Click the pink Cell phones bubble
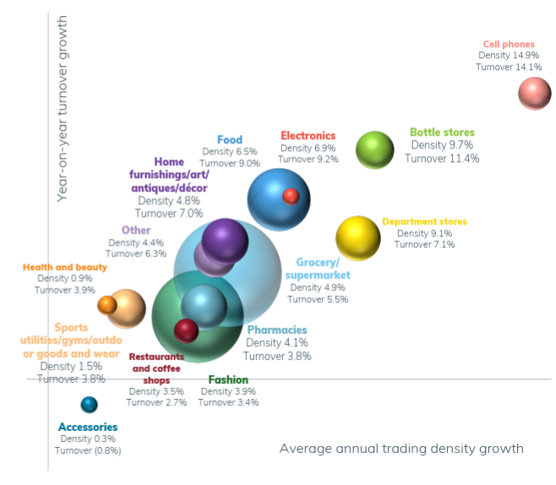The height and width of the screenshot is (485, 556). [x=534, y=93]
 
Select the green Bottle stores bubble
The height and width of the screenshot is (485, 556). [x=374, y=150]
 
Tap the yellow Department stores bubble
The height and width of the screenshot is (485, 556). [x=358, y=238]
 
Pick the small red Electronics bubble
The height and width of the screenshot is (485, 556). [x=291, y=196]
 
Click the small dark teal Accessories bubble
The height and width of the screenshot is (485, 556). [x=89, y=405]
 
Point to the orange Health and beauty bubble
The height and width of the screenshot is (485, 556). [x=106, y=304]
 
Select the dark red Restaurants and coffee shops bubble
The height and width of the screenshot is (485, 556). [x=186, y=330]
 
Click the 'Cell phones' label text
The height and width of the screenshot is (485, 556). [x=509, y=45]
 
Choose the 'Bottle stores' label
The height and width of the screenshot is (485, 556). [x=442, y=132]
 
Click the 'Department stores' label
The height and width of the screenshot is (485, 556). [x=424, y=222]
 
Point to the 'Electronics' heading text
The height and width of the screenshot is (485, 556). [x=308, y=136]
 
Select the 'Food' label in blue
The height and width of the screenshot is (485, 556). [x=230, y=140]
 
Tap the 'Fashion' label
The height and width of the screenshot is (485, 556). [x=228, y=380]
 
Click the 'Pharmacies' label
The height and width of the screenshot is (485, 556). [x=276, y=330]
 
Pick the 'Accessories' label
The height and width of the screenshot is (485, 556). [x=88, y=427]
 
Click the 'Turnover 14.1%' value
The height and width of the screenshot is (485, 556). [x=509, y=67]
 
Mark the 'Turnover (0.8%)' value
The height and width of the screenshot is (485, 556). [x=88, y=450]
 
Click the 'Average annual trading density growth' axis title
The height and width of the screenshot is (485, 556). [x=401, y=448]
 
